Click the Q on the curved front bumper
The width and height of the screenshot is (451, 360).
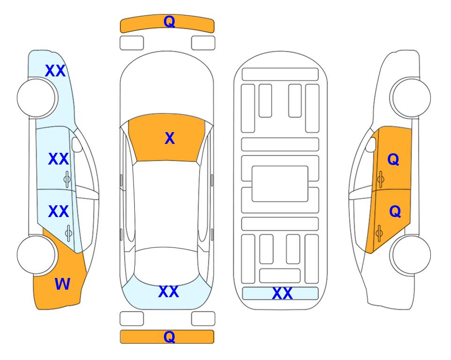tap(169, 22)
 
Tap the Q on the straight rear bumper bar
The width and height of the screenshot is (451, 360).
tap(169, 337)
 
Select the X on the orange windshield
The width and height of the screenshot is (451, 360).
tap(170, 138)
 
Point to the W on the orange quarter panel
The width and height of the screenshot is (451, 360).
tap(62, 284)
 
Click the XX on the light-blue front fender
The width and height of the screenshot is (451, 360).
tap(55, 71)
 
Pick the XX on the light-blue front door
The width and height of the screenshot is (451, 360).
tap(59, 159)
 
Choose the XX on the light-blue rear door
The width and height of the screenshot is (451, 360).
tap(59, 211)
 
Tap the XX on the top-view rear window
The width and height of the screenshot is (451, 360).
tap(169, 292)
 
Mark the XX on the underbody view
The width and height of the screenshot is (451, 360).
tap(282, 293)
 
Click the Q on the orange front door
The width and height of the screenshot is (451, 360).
tap(393, 159)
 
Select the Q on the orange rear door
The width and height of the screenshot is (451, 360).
tap(395, 212)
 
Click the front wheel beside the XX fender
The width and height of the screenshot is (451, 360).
tap(37, 98)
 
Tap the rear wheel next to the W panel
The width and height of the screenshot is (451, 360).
tap(37, 255)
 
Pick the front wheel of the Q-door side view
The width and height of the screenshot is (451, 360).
tap(411, 97)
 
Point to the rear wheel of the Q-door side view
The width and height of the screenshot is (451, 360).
tap(411, 255)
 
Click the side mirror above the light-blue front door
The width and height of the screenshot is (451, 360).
tap(77, 144)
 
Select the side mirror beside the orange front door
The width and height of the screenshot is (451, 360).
tap(370, 144)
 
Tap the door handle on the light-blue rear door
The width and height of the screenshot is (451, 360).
tap(68, 233)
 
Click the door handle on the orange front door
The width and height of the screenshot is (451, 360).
tap(381, 180)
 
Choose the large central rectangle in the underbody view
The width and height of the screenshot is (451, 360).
tap(280, 184)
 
